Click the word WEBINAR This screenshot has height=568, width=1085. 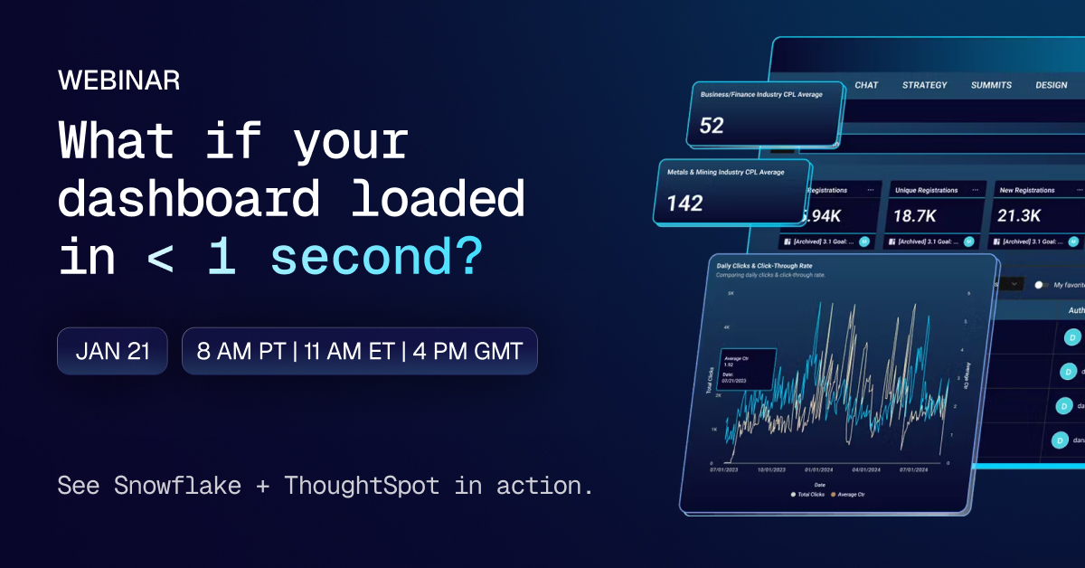pyautogui.click(x=118, y=80)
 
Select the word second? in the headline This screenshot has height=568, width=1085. pyautogui.click(x=376, y=259)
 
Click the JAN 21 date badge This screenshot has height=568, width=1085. pyautogui.click(x=112, y=351)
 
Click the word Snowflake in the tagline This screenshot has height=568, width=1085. pyautogui.click(x=177, y=486)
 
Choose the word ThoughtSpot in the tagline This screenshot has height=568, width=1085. pyautogui.click(x=362, y=486)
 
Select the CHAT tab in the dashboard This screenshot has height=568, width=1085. pyautogui.click(x=866, y=85)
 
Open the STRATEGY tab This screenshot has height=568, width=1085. pyautogui.click(x=924, y=85)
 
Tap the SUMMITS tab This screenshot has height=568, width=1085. pyautogui.click(x=991, y=85)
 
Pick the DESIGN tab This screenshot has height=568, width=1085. pyautogui.click(x=1052, y=85)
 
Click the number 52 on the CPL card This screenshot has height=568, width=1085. pyautogui.click(x=712, y=126)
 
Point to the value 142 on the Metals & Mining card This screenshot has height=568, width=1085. pyautogui.click(x=684, y=204)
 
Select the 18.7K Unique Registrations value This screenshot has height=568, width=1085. pyautogui.click(x=916, y=215)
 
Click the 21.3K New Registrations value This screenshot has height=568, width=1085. pyautogui.click(x=1020, y=215)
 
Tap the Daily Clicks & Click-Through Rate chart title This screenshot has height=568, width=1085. pyautogui.click(x=758, y=267)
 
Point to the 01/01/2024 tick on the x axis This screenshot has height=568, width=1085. pyautogui.click(x=817, y=471)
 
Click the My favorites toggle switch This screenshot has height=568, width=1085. pyautogui.click(x=1041, y=285)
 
